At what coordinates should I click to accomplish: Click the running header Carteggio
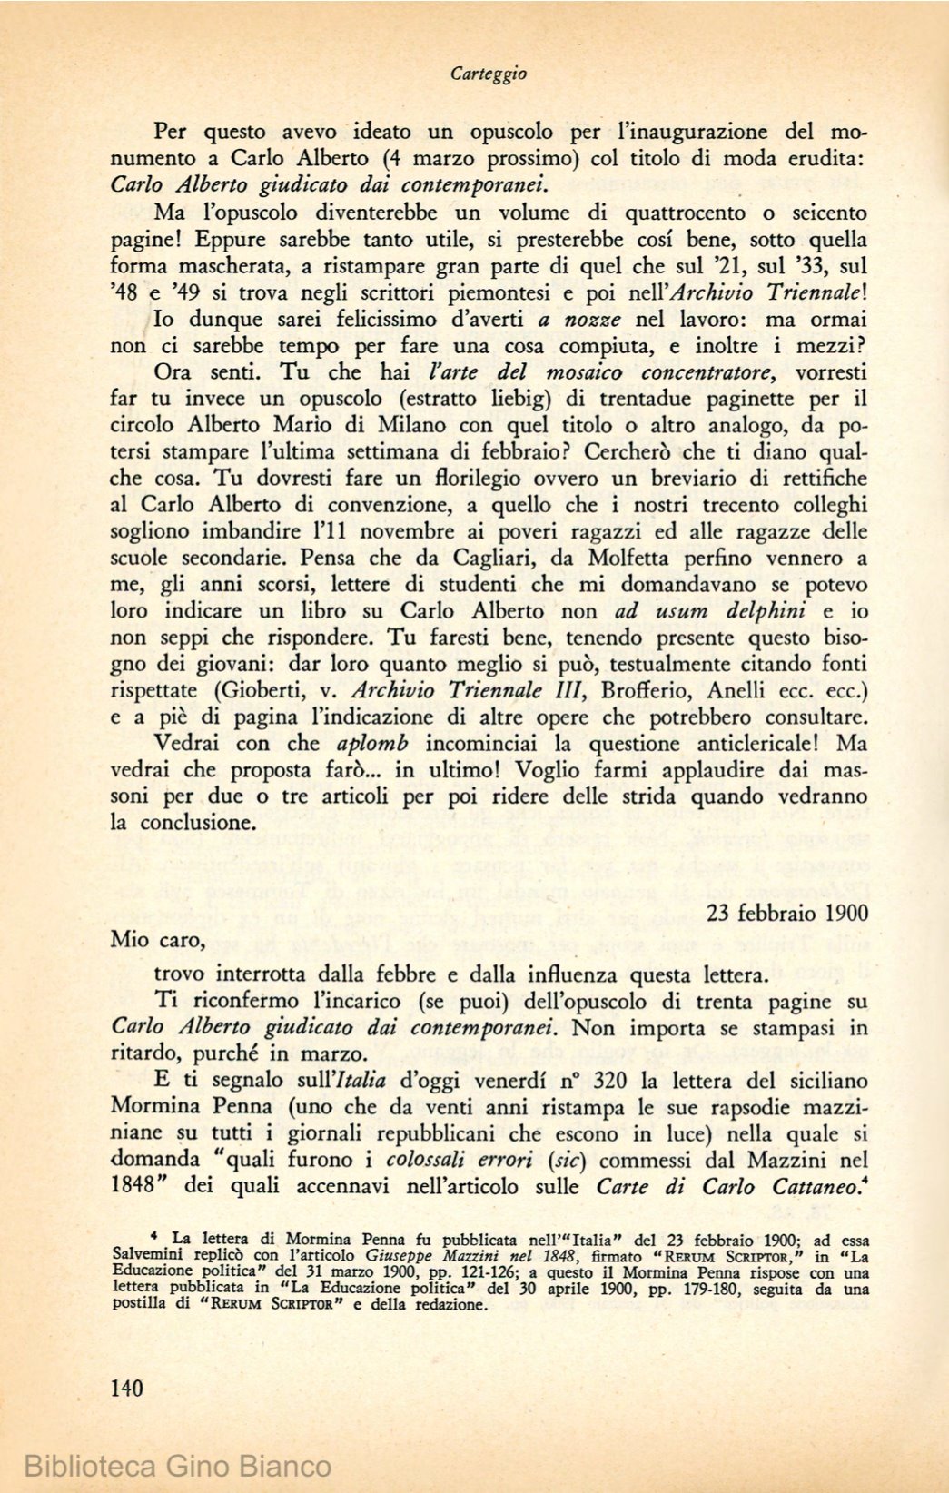click(x=489, y=74)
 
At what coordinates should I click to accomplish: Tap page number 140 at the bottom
click(x=126, y=1387)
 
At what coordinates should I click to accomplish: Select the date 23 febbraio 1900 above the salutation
click(x=786, y=913)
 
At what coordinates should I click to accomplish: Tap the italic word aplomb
click(x=373, y=743)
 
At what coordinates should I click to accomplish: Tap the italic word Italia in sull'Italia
click(x=361, y=1082)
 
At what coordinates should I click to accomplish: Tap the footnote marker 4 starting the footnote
click(x=155, y=1236)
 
